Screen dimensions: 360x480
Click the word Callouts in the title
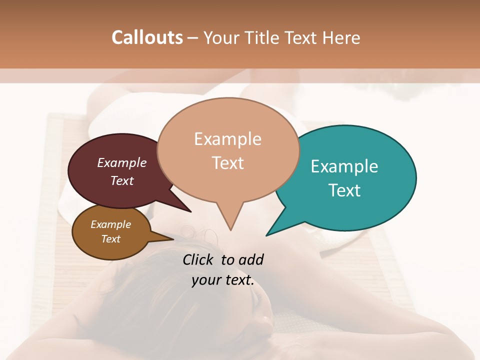tap(147, 37)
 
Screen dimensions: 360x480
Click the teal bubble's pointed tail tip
tap(267, 235)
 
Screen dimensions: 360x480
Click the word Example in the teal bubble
tap(344, 166)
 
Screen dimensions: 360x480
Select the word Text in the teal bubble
tap(344, 190)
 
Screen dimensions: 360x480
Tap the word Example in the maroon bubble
tap(122, 162)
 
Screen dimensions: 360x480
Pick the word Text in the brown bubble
tap(111, 239)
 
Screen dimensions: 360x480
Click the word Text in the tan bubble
tap(228, 163)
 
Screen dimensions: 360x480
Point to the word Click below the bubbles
tap(199, 259)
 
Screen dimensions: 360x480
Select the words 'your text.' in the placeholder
tap(223, 280)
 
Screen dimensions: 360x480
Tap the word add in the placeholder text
tap(251, 259)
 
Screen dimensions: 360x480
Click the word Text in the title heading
tap(302, 37)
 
